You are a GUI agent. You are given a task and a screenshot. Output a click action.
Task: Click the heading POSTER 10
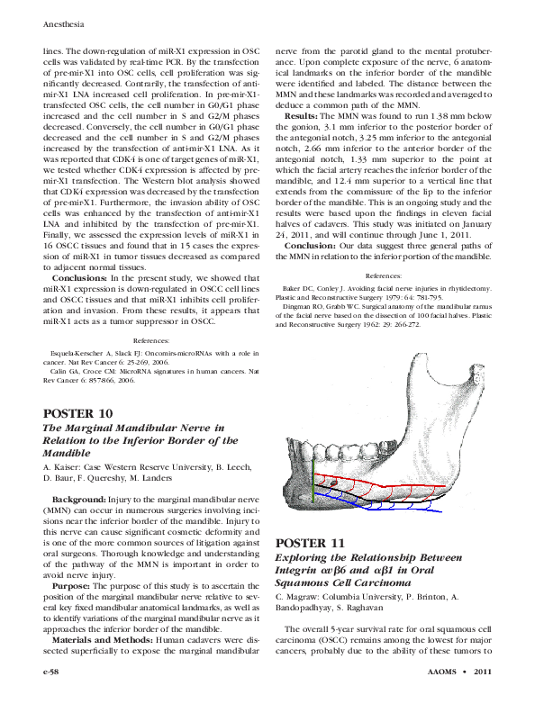click(79, 413)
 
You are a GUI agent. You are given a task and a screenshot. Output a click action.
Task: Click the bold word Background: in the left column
click(78, 499)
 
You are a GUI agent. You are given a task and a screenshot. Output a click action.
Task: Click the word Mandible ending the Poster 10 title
click(70, 456)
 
